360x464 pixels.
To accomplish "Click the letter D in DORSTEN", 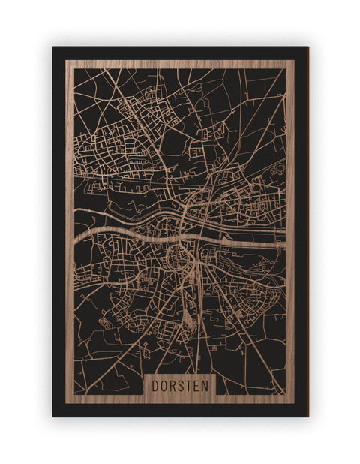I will (154, 385).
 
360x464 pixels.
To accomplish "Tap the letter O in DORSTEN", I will (163, 385).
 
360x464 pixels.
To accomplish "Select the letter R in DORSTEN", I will (172, 385).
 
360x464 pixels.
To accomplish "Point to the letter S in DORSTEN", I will (181, 385).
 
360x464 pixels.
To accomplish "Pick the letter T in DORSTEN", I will (189, 385).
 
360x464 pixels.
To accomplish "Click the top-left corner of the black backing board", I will (53, 47).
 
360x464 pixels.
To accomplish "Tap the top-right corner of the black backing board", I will (307, 47).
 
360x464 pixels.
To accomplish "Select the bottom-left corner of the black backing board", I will (53, 416).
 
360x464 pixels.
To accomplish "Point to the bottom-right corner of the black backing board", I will (307, 416).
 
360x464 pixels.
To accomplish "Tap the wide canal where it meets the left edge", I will (76, 234).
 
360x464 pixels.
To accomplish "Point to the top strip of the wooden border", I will (180, 64).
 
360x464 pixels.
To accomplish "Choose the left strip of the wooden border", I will (69, 225).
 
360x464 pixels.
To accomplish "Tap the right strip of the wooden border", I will (289, 225).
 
